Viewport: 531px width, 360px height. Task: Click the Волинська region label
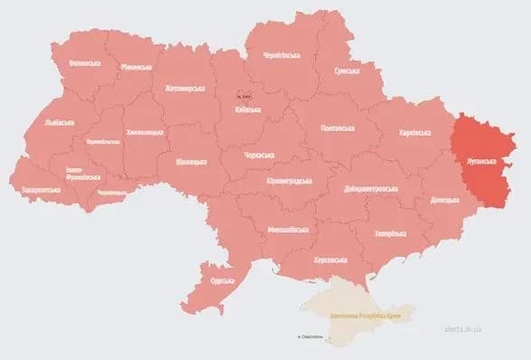point(84,64)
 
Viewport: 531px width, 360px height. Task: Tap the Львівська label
point(60,122)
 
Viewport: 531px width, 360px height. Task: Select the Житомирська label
point(185,88)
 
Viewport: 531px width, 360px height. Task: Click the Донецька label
point(445,198)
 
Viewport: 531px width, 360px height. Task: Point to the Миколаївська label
point(287,230)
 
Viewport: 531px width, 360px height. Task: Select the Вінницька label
point(192,161)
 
